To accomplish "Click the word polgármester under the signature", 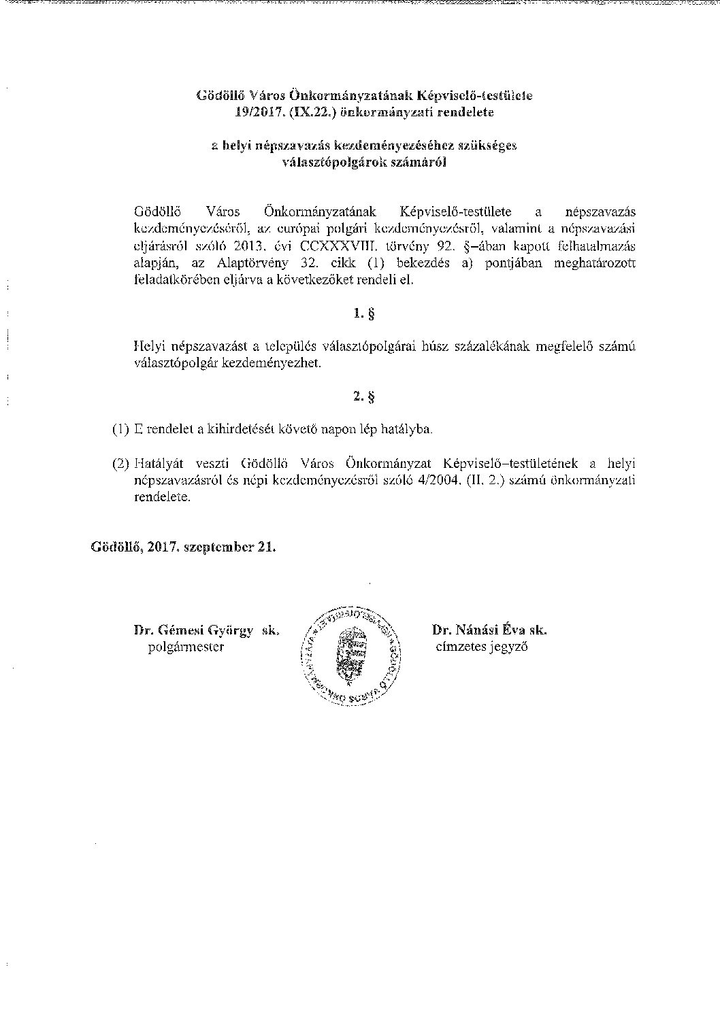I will point(186,647).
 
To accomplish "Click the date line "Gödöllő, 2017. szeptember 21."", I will point(184,547).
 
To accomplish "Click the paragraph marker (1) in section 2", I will point(120,430).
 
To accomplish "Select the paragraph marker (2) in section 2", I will point(120,464).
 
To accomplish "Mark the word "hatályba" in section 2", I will point(408,430).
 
